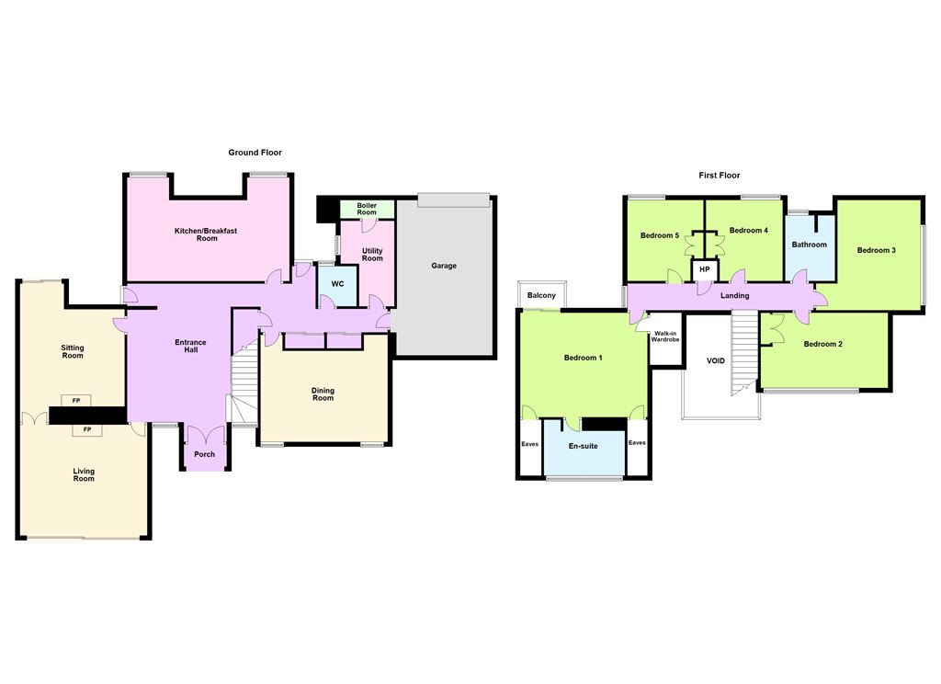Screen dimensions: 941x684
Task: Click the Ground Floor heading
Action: coord(255,153)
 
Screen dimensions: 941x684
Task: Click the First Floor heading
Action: coord(719,176)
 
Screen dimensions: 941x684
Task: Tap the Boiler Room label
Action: coord(367,209)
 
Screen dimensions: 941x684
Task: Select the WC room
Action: coord(338,285)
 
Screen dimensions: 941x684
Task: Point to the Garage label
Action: coord(444,266)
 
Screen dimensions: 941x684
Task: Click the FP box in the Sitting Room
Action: coord(76,401)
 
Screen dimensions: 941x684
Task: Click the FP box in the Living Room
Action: coord(87,430)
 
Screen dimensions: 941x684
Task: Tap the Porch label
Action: coord(205,454)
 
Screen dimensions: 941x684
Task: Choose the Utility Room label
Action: coord(372,255)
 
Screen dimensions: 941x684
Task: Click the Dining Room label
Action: coord(323,394)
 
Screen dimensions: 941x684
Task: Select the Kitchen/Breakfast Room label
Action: coord(207,234)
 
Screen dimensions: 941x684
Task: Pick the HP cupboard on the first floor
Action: coord(705,270)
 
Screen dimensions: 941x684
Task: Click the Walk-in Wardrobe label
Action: coord(665,336)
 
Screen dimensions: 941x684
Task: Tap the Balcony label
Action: coord(541,295)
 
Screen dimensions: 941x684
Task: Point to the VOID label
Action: coord(716,361)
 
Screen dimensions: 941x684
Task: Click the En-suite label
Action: coord(584,446)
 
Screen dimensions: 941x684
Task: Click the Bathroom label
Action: coord(809,245)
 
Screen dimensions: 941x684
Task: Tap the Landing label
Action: coord(735,295)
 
